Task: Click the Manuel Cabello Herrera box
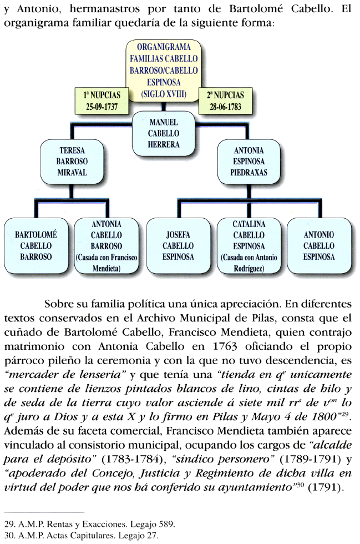(x=164, y=133)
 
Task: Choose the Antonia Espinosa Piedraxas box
(x=249, y=162)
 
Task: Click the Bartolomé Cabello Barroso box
(x=36, y=245)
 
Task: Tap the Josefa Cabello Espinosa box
(x=178, y=245)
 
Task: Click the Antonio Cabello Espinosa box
(x=319, y=245)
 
